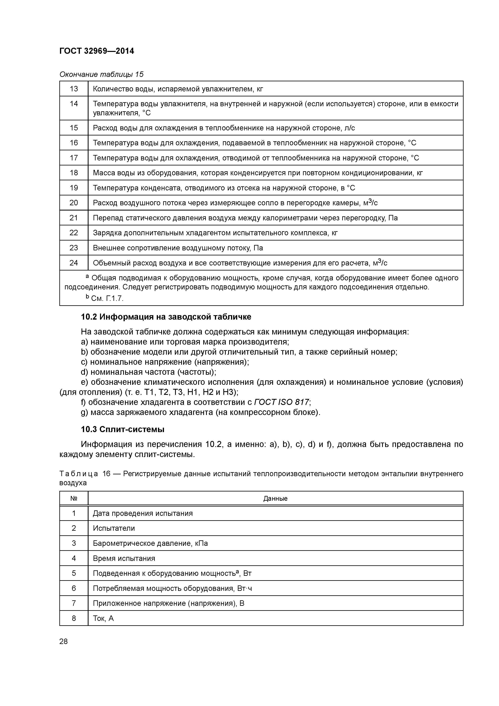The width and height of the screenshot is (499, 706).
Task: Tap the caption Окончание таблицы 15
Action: (x=101, y=74)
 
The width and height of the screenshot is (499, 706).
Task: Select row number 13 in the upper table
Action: (x=74, y=89)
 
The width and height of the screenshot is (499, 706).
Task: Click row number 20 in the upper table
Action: (x=74, y=203)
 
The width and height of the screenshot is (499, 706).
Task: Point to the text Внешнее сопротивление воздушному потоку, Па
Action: (x=178, y=248)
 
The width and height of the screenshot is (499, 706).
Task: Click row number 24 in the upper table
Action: (x=74, y=263)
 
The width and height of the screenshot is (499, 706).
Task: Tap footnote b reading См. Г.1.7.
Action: (x=105, y=298)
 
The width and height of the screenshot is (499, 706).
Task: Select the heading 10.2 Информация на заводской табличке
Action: (x=166, y=317)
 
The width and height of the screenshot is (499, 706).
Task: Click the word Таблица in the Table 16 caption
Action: (x=79, y=474)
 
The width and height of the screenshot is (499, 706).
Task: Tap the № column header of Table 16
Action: (x=74, y=499)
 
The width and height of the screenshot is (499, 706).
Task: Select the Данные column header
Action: (x=275, y=499)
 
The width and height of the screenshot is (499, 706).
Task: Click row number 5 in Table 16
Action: (x=74, y=573)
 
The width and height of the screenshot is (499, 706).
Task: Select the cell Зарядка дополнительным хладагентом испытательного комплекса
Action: (x=215, y=233)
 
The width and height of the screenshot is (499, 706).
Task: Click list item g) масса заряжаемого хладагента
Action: (x=200, y=412)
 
